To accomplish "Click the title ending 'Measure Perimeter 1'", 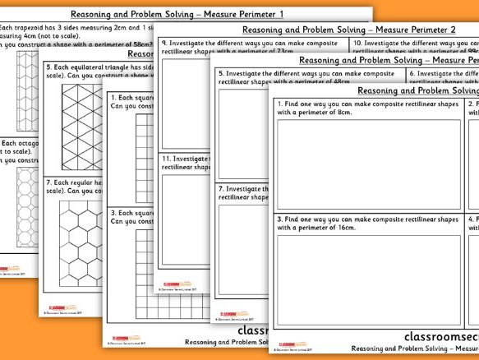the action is point(177,15).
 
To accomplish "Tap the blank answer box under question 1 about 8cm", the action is point(368,164).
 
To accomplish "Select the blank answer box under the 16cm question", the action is point(368,281).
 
